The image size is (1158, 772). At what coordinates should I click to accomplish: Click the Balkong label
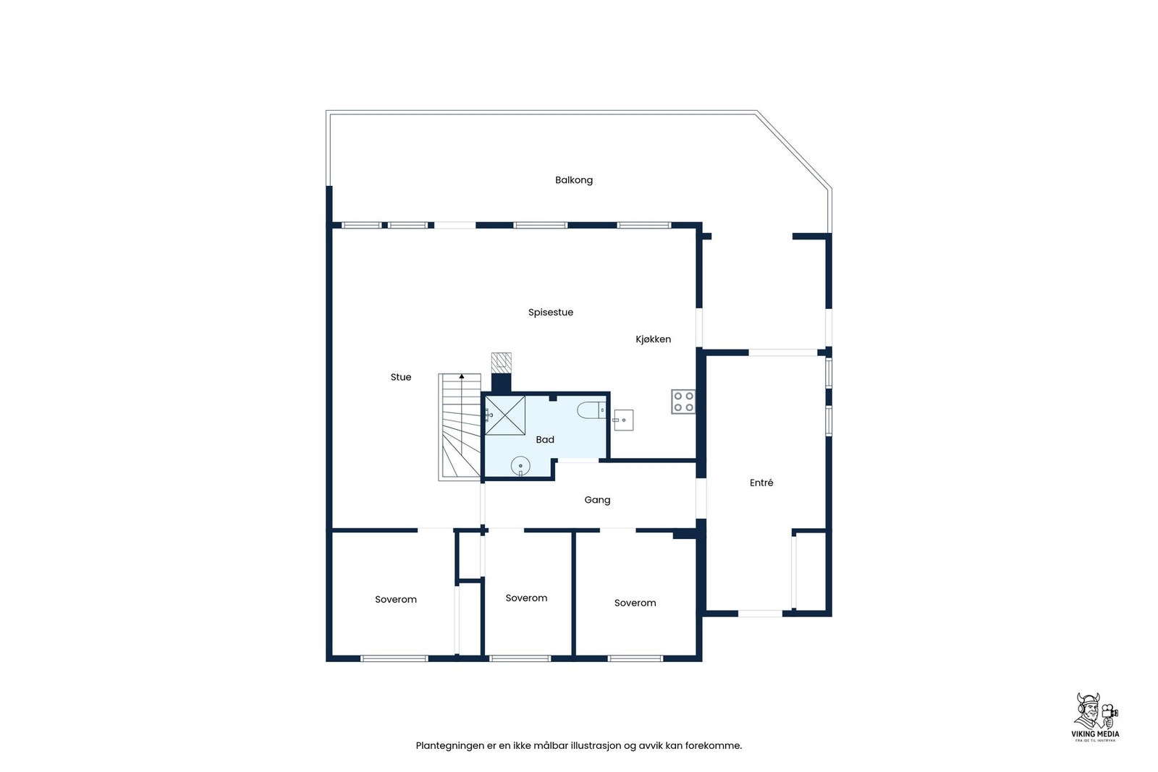click(573, 180)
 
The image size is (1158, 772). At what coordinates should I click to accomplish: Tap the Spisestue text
click(550, 313)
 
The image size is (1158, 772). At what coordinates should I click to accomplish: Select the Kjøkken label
click(653, 339)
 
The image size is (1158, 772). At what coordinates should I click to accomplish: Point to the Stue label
click(400, 377)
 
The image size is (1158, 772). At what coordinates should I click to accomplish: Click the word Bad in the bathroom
click(544, 440)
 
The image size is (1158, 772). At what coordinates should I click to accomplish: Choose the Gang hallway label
click(597, 500)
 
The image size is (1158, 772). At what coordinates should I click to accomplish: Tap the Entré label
click(761, 483)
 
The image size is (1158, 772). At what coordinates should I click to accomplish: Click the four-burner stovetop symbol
click(683, 402)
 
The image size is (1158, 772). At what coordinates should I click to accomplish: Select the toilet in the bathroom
click(591, 411)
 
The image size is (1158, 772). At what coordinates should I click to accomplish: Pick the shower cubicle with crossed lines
click(504, 415)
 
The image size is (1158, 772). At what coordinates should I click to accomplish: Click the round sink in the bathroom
click(520, 466)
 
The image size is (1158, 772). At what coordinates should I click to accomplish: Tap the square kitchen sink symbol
click(623, 420)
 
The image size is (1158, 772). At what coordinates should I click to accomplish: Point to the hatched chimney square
click(501, 362)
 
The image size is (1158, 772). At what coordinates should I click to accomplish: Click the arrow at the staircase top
click(462, 376)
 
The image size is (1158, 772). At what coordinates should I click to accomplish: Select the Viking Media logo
click(1094, 717)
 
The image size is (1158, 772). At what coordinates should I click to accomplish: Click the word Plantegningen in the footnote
click(449, 746)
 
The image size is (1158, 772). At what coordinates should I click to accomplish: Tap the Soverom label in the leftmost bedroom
click(395, 600)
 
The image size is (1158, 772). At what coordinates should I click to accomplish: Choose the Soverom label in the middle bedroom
click(526, 598)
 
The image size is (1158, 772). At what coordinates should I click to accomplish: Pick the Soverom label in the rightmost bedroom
click(635, 603)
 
